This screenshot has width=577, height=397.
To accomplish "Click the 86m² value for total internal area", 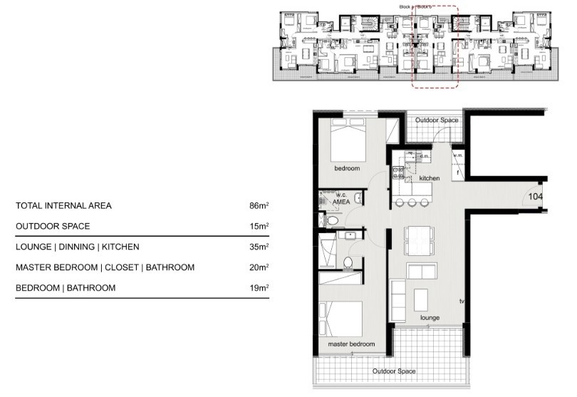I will tap(259, 207).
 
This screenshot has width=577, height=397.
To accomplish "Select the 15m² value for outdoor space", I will tap(259, 227).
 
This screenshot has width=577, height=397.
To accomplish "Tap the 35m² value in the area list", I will tap(259, 247).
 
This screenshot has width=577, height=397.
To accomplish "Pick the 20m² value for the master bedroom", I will tap(259, 268).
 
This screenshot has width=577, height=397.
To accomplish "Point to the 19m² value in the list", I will tap(259, 288).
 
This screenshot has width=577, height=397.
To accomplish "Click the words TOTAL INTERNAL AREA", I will tap(63, 207).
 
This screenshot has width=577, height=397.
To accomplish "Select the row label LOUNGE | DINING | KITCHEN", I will tap(77, 247).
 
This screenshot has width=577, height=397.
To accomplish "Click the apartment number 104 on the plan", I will tap(536, 196).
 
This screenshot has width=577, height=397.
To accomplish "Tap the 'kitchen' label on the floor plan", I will tap(430, 177).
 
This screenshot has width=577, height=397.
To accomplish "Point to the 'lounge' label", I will tap(430, 317).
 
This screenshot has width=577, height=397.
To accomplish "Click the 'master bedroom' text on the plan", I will tap(351, 344).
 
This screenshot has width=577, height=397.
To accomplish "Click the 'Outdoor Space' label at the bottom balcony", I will tap(394, 371).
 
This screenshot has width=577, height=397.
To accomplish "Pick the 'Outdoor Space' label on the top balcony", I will tap(437, 121).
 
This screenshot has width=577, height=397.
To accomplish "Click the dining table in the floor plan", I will tap(418, 239).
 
